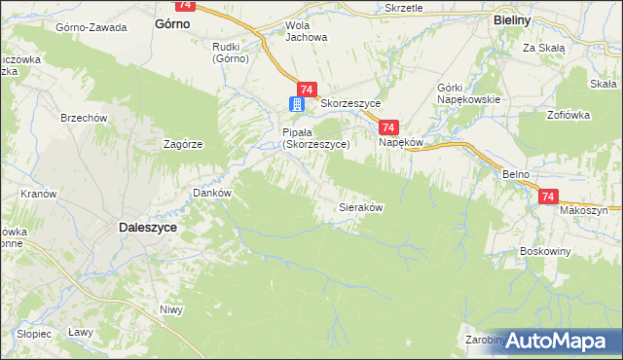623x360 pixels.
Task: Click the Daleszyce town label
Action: pos(147,227)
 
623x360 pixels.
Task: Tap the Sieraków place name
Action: pos(359,207)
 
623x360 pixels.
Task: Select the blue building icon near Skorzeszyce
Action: pos(297,104)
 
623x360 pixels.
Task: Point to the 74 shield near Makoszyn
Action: pos(548,196)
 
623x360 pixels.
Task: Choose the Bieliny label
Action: pos(510,19)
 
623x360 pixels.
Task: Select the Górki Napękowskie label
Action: pos(469,92)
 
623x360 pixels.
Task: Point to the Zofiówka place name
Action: pos(569,115)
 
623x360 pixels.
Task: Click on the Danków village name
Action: pos(211,193)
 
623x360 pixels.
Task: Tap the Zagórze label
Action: pos(183,143)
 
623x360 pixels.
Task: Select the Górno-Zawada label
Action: pos(92,27)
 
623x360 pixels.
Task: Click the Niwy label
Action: pos(171,310)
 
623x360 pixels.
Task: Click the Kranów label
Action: pos(39,194)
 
